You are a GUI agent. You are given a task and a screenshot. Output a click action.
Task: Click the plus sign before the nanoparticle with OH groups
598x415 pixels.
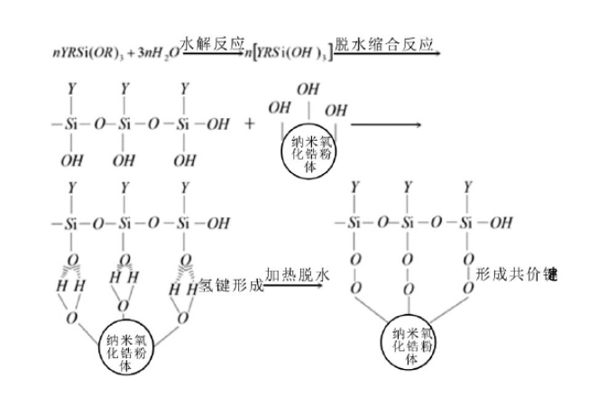pyautogui.click(x=250, y=124)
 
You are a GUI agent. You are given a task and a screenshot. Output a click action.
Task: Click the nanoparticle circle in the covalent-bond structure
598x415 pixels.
pyautogui.click(x=410, y=342)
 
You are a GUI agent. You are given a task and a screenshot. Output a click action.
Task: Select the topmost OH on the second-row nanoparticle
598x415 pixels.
pyautogui.click(x=308, y=89)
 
